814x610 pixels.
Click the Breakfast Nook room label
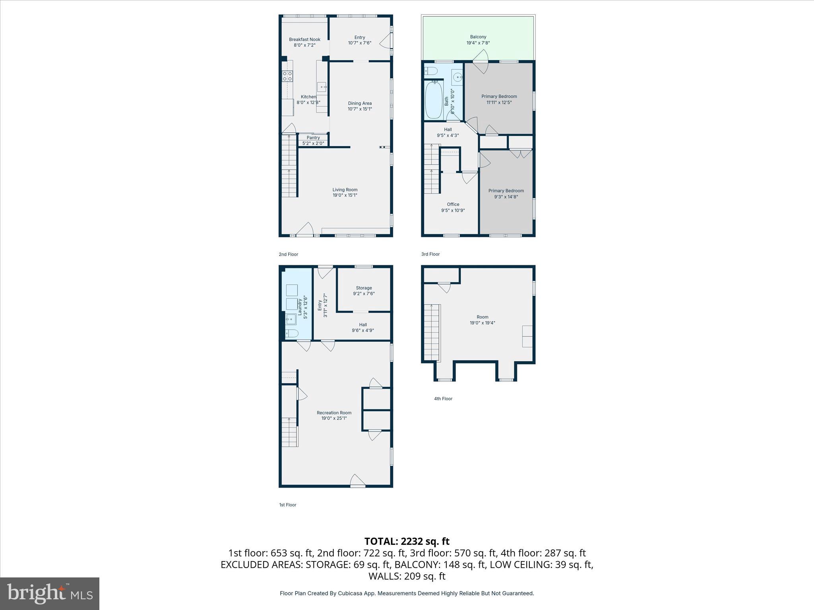click(x=304, y=40)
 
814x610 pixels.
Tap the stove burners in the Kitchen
click(x=287, y=76)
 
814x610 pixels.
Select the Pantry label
click(x=313, y=138)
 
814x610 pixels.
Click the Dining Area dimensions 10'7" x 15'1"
click(x=360, y=109)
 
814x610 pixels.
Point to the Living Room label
click(x=345, y=190)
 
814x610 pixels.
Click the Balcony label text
click(x=478, y=37)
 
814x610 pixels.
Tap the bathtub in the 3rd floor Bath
click(x=434, y=100)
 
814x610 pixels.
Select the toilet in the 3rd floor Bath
click(x=431, y=71)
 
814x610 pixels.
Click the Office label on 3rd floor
click(x=453, y=205)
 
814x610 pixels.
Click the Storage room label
click(x=364, y=288)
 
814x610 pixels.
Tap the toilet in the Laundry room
click(x=291, y=333)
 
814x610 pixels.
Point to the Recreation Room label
click(x=334, y=413)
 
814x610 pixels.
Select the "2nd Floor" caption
click(x=288, y=254)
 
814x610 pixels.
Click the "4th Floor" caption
click(x=443, y=399)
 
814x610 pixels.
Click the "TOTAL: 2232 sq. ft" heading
click(x=407, y=541)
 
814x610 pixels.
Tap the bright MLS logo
click(x=50, y=593)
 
